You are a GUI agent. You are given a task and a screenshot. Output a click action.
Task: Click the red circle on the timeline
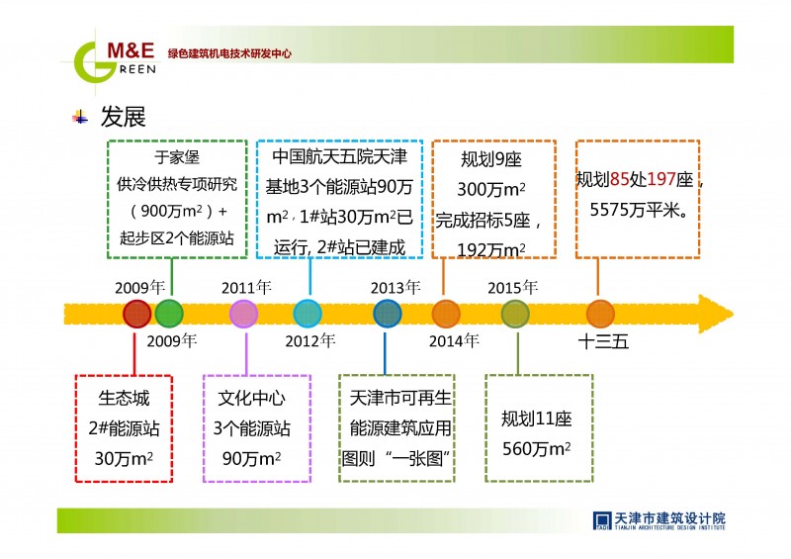(x=136, y=314)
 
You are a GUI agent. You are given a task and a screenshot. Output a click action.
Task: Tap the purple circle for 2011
(x=243, y=314)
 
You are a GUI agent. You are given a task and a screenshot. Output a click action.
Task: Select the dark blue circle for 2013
(x=388, y=314)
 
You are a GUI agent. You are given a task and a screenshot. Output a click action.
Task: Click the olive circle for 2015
(x=515, y=314)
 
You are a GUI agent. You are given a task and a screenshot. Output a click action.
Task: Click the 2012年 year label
(x=309, y=341)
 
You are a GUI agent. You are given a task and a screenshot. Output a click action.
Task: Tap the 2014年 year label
(x=454, y=341)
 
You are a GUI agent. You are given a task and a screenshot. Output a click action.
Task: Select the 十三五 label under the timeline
(x=603, y=342)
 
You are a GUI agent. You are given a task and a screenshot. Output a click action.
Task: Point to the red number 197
(x=660, y=179)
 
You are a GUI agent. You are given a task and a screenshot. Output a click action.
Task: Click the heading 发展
(x=123, y=117)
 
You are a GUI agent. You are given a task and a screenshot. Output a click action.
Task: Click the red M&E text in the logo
(x=131, y=50)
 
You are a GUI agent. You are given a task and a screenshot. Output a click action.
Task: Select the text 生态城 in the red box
(x=125, y=398)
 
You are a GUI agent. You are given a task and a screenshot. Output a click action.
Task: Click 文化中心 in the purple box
(x=252, y=398)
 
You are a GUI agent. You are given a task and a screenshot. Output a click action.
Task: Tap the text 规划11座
(x=536, y=419)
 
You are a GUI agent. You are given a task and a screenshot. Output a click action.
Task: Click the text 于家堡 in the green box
(x=177, y=157)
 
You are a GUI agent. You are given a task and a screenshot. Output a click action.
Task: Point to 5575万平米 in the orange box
(x=639, y=210)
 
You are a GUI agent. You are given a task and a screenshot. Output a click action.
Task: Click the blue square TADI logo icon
(x=602, y=520)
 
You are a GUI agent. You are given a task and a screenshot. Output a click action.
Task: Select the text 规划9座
(x=490, y=159)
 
